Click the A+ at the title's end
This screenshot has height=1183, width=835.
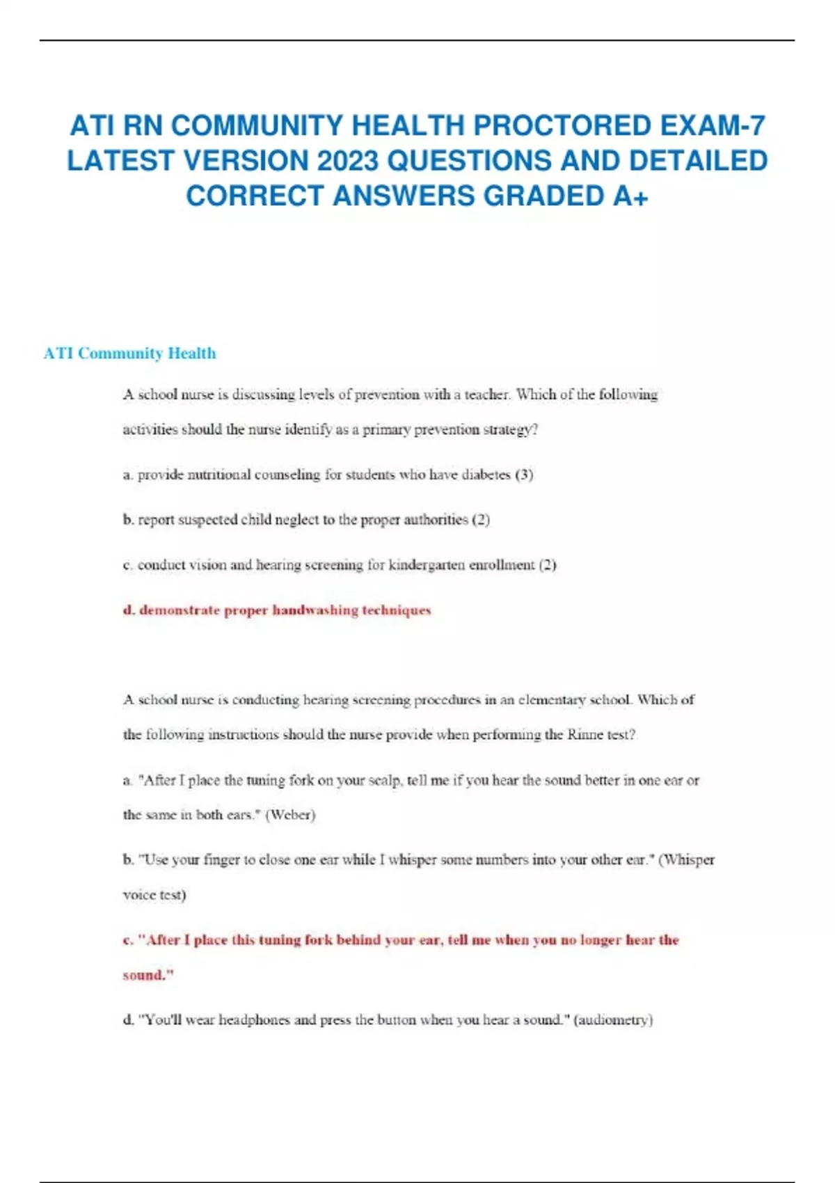click(631, 196)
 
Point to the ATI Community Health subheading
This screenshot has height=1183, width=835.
click(129, 354)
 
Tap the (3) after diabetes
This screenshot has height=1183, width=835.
click(524, 475)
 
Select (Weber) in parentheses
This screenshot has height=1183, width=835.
click(290, 815)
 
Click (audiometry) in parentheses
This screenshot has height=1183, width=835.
click(613, 1020)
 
